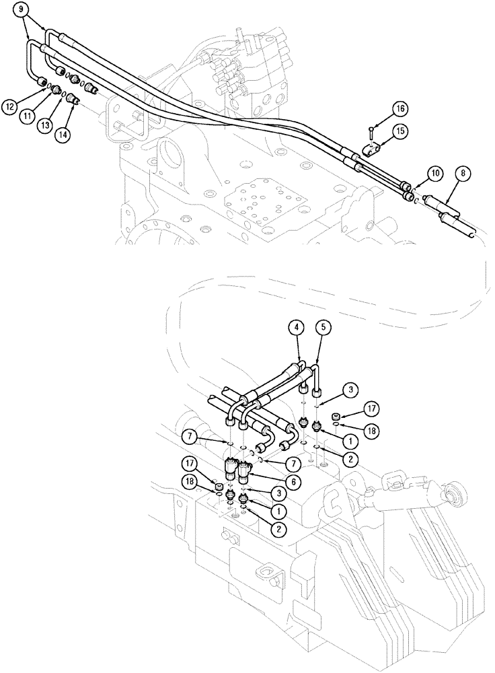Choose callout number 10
coord(435,173)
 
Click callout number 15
coord(399,130)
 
